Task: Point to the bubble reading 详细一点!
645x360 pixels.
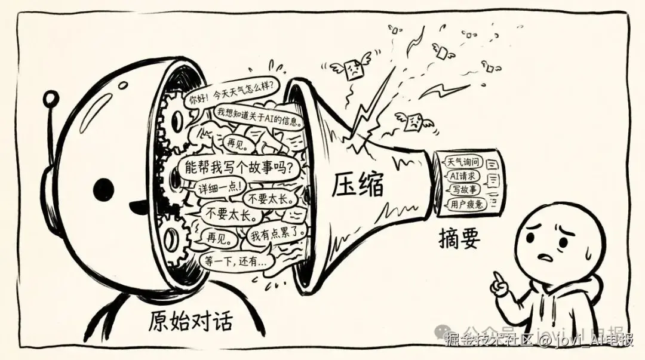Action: click(x=219, y=187)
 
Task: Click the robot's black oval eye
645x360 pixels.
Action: click(x=103, y=189)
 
